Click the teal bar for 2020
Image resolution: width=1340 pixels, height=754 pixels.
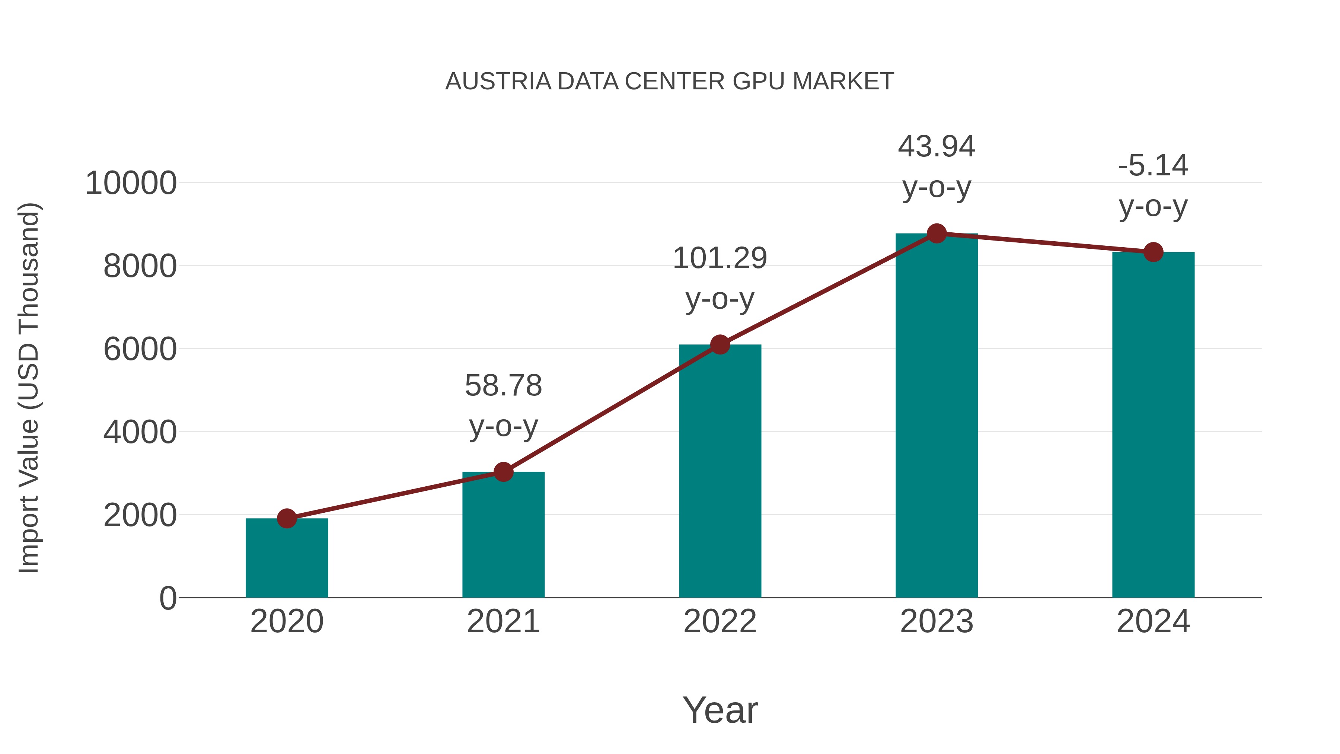coord(287,559)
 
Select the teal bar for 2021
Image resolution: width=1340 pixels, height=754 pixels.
coord(503,536)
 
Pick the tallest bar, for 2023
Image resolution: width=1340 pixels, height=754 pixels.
coord(937,416)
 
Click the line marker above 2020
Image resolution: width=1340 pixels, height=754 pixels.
coord(287,518)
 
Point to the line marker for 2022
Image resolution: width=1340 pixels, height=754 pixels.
coord(720,344)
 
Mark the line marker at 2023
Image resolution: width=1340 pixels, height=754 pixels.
coord(937,233)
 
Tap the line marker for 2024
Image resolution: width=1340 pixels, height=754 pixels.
coord(1153,252)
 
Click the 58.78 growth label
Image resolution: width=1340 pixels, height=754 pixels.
coord(503,386)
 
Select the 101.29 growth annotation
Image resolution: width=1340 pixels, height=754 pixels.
coord(720,259)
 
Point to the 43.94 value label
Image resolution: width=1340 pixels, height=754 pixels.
coord(937,146)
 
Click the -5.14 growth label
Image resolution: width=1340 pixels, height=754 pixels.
coord(1153,165)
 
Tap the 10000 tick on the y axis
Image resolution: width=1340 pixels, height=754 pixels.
coord(131,183)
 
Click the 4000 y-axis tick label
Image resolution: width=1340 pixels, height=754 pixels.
coord(140,432)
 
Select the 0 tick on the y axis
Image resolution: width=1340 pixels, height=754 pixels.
coord(168,598)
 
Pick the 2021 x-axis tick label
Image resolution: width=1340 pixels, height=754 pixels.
coord(503,621)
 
